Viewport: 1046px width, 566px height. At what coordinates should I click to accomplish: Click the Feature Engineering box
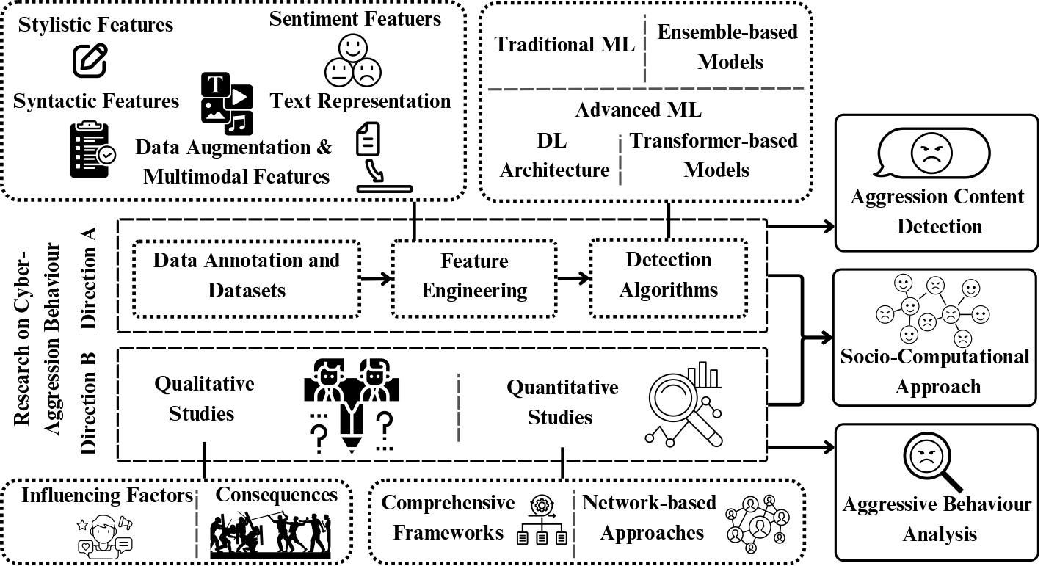(474, 276)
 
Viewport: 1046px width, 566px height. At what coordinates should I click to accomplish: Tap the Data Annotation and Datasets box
(247, 276)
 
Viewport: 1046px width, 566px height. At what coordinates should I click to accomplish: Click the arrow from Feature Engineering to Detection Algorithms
(573, 277)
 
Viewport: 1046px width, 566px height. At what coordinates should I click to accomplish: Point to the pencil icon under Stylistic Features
(90, 61)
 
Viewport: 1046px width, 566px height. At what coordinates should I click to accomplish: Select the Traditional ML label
(564, 44)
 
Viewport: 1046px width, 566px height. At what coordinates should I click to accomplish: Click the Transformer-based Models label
(714, 155)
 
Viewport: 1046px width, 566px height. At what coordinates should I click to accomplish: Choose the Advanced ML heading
(638, 110)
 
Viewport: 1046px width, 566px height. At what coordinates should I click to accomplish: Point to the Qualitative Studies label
(203, 398)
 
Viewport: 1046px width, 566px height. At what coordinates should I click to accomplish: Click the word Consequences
(277, 495)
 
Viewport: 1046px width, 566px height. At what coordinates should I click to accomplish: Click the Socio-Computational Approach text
(936, 371)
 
